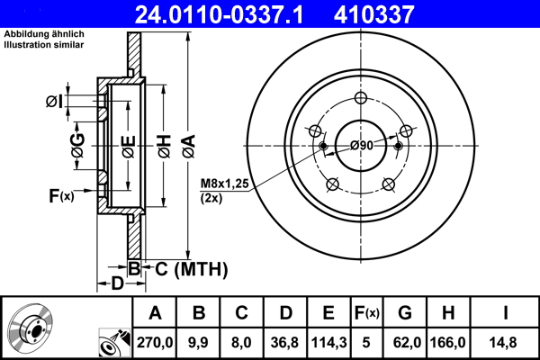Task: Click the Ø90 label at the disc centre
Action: click(362, 146)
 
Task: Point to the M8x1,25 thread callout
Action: click(225, 184)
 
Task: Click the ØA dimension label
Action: click(188, 141)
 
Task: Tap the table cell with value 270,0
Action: click(155, 341)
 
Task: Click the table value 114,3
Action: click(328, 341)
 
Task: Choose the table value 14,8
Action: click(507, 341)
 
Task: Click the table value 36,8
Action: click(284, 341)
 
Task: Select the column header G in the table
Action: click(405, 313)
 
